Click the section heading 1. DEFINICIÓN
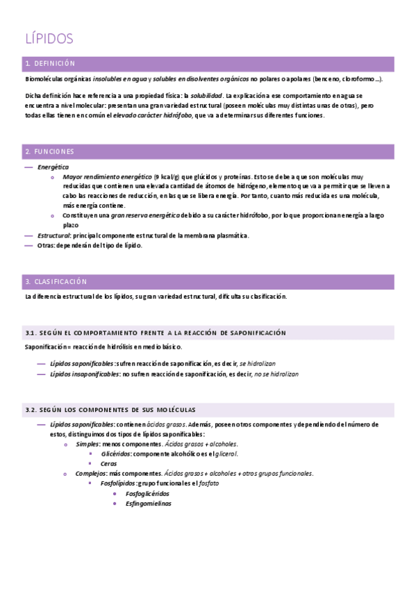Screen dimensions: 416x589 (49, 64)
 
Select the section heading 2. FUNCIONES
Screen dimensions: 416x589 (49, 151)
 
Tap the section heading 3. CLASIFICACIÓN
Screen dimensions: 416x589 (56, 281)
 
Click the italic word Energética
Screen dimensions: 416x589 (53, 167)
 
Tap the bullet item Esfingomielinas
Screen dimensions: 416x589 (148, 504)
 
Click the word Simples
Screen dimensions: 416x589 (88, 443)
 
